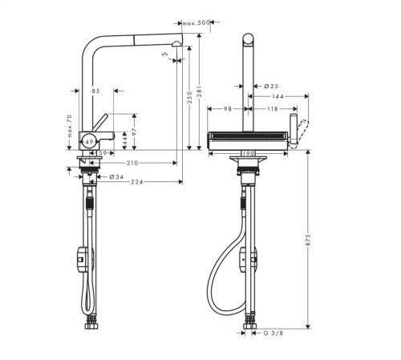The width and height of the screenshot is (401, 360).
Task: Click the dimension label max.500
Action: (x=196, y=22)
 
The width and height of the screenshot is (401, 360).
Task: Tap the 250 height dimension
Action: (x=188, y=96)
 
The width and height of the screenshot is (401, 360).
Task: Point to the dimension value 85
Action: (x=96, y=91)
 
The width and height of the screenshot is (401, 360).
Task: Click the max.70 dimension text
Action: (x=70, y=129)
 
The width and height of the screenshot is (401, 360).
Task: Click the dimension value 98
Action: (x=228, y=110)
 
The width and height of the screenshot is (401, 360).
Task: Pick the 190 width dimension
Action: (x=248, y=151)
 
